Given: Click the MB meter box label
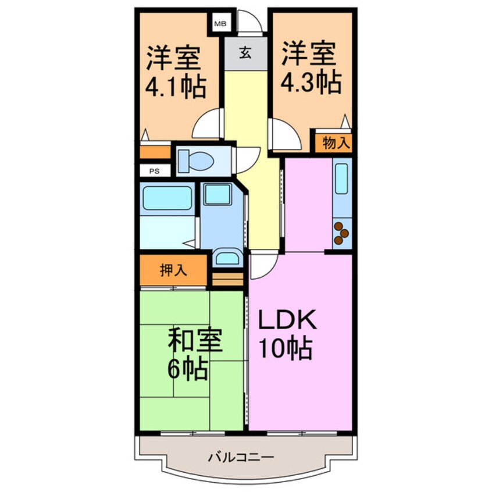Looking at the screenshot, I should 220,24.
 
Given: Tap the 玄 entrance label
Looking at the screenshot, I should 245,54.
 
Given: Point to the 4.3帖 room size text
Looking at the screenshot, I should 311,84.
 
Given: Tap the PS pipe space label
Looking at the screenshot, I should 154,171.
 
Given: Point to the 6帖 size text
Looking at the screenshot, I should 187,369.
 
